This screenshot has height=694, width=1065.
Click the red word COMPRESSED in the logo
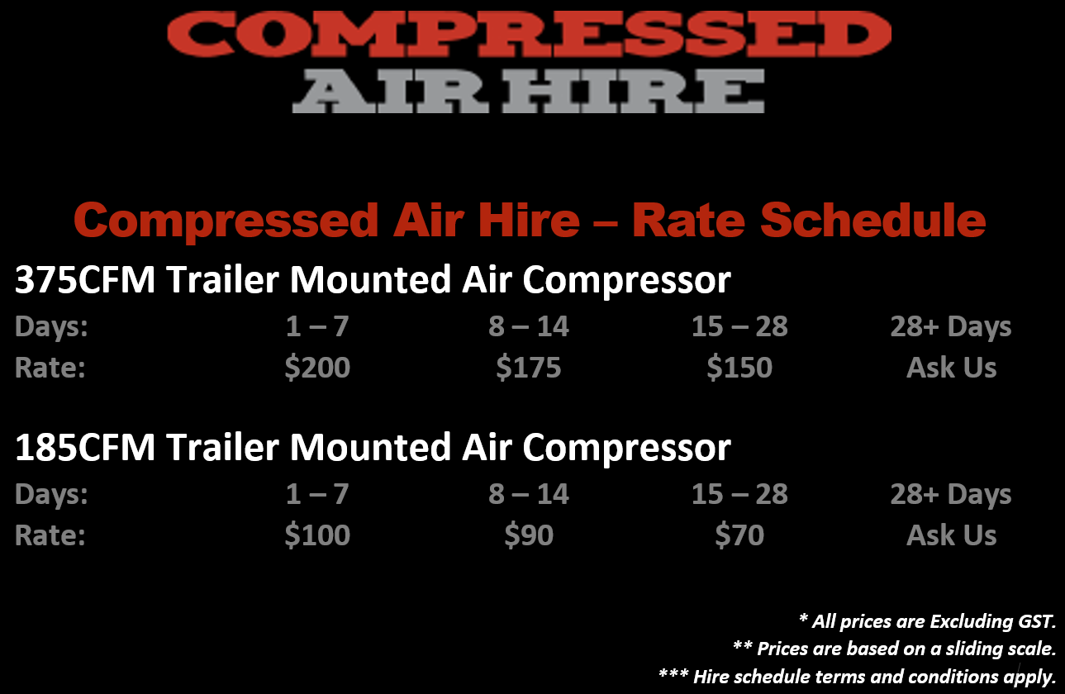(529, 34)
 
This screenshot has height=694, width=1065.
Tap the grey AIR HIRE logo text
(528, 91)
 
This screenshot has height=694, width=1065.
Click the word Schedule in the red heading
(873, 220)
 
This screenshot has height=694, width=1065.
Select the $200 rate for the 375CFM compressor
(317, 368)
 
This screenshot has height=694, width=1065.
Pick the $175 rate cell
(528, 368)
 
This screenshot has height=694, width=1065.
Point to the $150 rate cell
(739, 368)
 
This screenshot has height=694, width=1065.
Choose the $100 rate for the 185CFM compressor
(317, 535)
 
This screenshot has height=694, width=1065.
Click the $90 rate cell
(529, 535)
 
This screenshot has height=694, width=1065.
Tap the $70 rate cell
(739, 535)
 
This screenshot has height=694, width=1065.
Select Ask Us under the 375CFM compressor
(951, 368)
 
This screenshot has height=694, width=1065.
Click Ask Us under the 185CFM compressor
(951, 535)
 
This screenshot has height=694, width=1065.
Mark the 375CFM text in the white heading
(85, 279)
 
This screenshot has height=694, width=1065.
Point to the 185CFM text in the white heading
(85, 447)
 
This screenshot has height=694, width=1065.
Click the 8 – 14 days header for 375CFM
(528, 326)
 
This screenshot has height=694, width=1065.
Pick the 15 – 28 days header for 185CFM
(739, 494)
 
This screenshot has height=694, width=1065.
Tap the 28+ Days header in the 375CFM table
(951, 327)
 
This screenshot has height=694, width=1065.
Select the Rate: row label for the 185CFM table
(50, 535)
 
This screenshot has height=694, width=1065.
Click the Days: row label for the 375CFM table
(51, 327)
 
